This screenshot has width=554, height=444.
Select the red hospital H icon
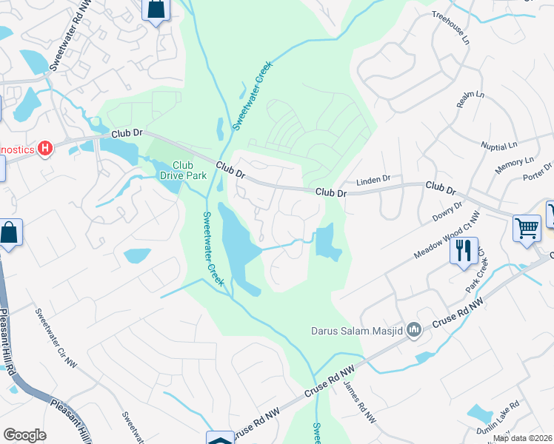pyautogui.click(x=46, y=149)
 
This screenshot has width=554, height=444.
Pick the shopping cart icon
pyautogui.click(x=527, y=228)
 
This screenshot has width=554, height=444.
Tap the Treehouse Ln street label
pyautogui.click(x=451, y=27)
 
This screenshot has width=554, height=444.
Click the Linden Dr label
pyautogui.click(x=373, y=180)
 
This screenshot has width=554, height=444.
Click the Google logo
pyautogui.click(x=24, y=435)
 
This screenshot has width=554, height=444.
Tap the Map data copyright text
pyautogui.click(x=523, y=438)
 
